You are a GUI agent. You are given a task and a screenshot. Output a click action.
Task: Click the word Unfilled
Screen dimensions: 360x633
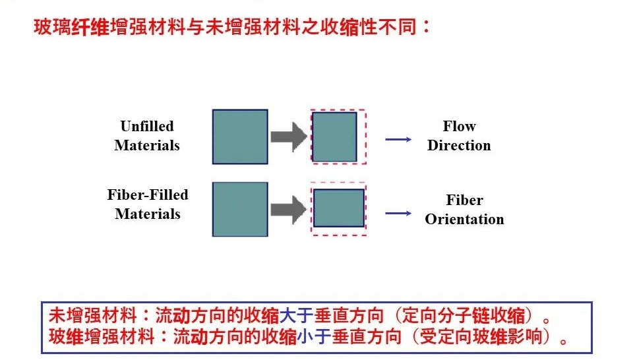tap(147, 126)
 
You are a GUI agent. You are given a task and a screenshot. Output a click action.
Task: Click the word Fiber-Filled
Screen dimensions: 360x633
tap(148, 195)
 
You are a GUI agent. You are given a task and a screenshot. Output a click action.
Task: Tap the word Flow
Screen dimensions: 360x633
tap(459, 126)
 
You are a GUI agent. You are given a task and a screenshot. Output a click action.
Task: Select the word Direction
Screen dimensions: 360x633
tap(459, 146)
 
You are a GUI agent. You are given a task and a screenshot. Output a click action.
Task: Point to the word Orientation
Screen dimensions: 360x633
tap(464, 220)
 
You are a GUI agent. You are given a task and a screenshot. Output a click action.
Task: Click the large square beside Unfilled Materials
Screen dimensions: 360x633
tap(240, 136)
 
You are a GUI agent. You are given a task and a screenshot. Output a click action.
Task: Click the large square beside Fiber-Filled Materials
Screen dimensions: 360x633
tap(240, 209)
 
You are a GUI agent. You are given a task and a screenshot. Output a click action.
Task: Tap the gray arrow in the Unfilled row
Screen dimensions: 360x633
tap(289, 137)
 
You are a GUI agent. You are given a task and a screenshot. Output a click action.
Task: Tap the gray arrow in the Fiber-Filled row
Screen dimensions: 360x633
tap(289, 210)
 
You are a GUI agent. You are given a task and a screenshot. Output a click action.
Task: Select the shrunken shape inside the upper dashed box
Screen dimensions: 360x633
tap(334, 137)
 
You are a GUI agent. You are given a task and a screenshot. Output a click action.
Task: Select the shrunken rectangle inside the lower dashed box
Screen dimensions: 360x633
tap(338, 208)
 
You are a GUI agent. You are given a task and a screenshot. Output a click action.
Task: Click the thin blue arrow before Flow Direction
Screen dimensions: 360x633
tap(398, 139)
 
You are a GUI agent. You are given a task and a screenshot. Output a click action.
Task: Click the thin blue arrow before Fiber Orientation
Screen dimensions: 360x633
tap(398, 213)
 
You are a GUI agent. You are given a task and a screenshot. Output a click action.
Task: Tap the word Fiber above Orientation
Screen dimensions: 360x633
tap(464, 200)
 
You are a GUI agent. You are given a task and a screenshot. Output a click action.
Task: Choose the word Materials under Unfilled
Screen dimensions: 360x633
tap(147, 145)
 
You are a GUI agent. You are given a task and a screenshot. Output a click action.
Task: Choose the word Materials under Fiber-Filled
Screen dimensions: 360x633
tap(148, 214)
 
